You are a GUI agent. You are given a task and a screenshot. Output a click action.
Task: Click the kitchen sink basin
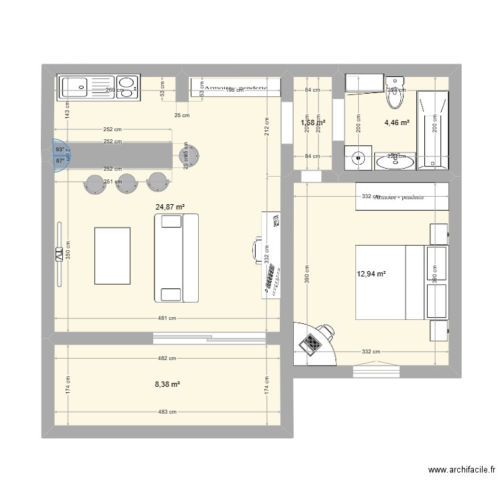click(x=74, y=86)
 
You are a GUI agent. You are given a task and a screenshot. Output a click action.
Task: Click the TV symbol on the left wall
click(x=59, y=254)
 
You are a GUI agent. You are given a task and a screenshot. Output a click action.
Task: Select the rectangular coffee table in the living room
click(x=112, y=256)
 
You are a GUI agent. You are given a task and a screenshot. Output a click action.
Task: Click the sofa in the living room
click(x=177, y=258)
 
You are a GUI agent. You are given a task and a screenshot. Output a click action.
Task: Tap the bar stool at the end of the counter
click(x=190, y=155)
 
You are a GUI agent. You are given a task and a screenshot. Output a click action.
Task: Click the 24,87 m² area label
click(x=170, y=207)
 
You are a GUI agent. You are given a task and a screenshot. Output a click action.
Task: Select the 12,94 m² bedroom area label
click(x=371, y=273)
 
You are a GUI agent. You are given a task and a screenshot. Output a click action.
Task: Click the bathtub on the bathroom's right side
click(x=432, y=127)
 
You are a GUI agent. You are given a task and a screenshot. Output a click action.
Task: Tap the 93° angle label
click(x=60, y=150)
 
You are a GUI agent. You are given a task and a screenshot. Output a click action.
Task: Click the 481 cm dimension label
click(x=167, y=319)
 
